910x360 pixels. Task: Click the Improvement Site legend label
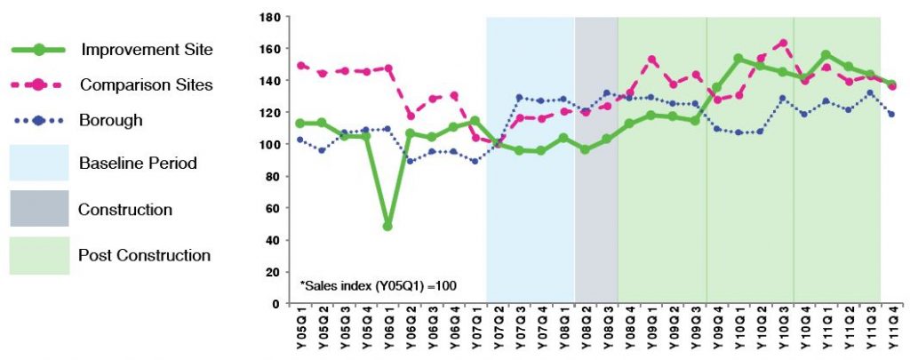[147, 49]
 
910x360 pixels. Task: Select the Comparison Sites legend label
[146, 84]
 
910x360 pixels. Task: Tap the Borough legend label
[111, 119]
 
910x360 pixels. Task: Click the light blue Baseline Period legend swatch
[39, 164]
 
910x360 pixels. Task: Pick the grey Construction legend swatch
[39, 210]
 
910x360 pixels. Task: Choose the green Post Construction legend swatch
[39, 256]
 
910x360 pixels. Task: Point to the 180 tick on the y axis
[271, 17]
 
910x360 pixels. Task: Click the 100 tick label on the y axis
[271, 144]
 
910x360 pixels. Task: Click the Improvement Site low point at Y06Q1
[387, 226]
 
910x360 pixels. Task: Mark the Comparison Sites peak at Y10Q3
[782, 43]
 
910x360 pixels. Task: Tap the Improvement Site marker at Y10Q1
[738, 59]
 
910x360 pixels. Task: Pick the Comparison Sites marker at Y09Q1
[651, 60]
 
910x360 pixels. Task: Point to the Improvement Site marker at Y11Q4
[891, 84]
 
